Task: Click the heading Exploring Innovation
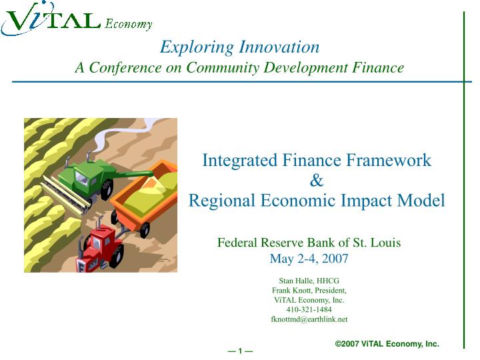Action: tap(239, 47)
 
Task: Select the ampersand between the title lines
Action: tap(317, 180)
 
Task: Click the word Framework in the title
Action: tap(392, 161)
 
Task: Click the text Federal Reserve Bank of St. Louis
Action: tap(309, 243)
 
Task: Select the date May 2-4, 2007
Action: tap(309, 259)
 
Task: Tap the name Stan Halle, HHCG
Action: tap(309, 281)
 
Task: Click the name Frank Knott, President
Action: tap(309, 291)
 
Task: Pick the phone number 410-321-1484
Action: tap(309, 309)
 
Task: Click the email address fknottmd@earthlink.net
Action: tap(309, 319)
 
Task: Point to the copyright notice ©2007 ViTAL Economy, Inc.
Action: tap(387, 344)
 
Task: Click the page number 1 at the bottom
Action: tap(240, 351)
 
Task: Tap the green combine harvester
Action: tap(90, 177)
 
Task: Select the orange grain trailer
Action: tap(143, 193)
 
